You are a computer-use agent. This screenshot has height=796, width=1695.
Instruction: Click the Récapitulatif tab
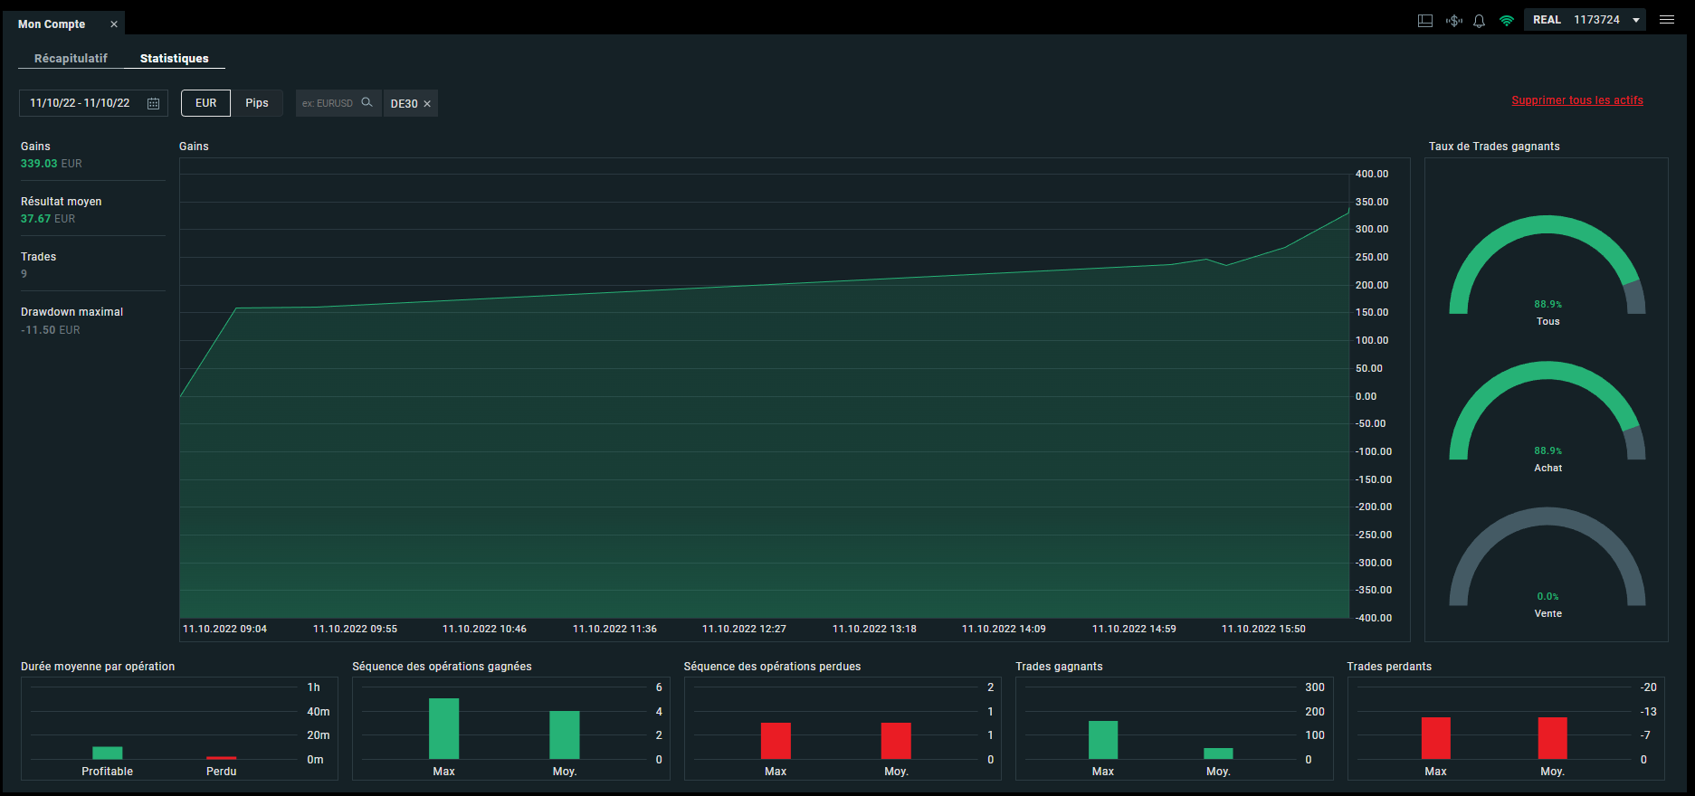[71, 58]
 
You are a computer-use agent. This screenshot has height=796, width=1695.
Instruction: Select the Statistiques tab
[174, 58]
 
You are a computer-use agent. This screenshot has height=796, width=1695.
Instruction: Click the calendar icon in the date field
[154, 103]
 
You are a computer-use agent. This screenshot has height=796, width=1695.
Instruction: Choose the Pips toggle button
[257, 103]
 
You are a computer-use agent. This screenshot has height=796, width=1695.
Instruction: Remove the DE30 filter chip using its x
[427, 104]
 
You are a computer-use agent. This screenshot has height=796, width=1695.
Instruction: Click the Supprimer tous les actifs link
[1577, 100]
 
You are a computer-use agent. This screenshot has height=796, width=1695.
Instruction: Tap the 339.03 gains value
[39, 164]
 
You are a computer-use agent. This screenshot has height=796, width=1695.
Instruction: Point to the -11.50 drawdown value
[38, 330]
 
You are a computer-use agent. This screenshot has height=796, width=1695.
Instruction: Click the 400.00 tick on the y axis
[1372, 174]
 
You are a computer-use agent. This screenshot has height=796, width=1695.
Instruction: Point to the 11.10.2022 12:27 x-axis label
[744, 629]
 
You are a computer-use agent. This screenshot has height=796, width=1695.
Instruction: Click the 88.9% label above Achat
[1547, 450]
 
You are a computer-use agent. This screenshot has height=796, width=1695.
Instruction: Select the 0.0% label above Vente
[1547, 597]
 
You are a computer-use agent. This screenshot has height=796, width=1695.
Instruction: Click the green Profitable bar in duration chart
[108, 753]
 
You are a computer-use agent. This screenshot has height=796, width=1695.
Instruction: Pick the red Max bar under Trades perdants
[1436, 738]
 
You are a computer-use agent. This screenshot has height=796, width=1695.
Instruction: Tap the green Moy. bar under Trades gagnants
[1218, 753]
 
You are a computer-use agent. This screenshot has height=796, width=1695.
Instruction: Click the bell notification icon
[1479, 21]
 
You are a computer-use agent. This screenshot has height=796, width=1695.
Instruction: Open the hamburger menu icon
[1667, 20]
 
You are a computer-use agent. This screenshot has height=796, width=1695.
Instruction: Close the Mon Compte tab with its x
[114, 24]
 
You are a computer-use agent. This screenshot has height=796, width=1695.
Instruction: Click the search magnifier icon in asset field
[367, 102]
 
